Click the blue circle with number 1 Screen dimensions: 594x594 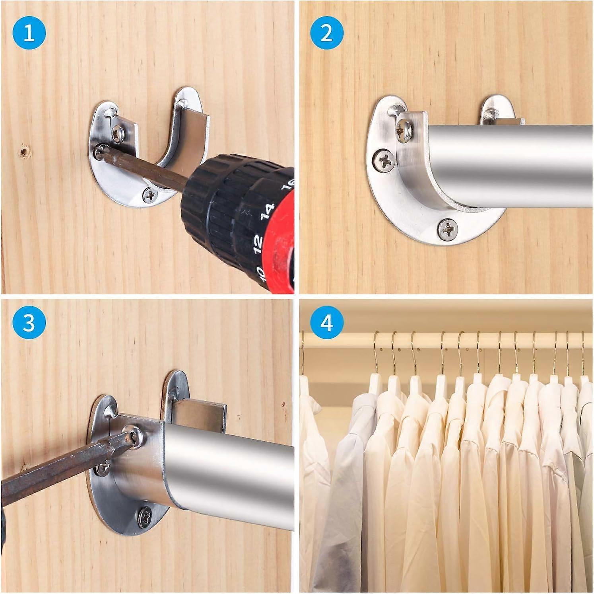click(x=29, y=33)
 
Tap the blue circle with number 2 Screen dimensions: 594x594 click(x=326, y=33)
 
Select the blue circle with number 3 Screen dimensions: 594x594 click(x=29, y=322)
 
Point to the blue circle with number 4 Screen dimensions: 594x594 click(x=326, y=322)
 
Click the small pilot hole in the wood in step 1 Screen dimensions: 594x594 click(x=25, y=151)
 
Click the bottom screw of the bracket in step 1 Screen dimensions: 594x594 click(x=150, y=195)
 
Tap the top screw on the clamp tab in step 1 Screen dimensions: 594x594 click(x=118, y=132)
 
